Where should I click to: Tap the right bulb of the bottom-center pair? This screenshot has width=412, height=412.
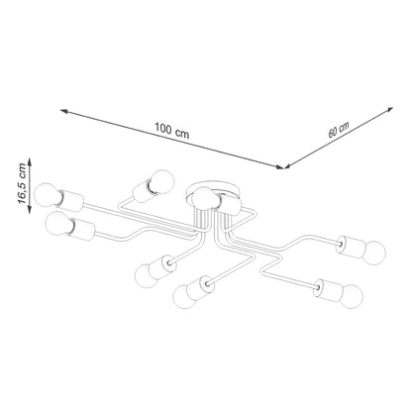(183, 294)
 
